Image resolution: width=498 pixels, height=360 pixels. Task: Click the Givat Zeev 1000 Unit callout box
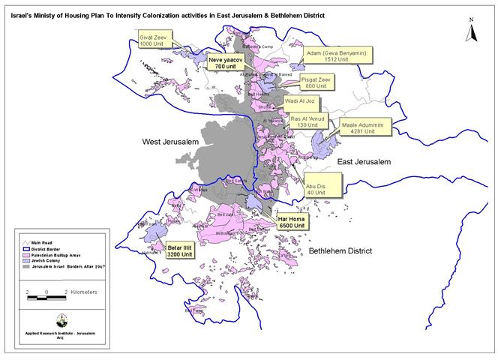155,40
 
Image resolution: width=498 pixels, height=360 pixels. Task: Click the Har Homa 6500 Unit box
290,221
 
